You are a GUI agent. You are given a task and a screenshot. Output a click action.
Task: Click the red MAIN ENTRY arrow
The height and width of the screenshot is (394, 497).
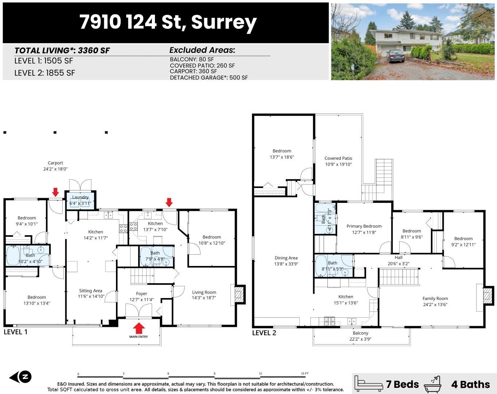[x=139, y=328]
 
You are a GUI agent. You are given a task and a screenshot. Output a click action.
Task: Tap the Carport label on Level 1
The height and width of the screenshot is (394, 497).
[x=55, y=163]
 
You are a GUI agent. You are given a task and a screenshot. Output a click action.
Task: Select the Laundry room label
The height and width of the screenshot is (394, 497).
[x=80, y=197]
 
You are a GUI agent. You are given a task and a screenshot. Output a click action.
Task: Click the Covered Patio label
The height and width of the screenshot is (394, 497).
[x=338, y=158]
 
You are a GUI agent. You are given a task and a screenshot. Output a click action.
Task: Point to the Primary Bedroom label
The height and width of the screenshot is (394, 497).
[x=364, y=226]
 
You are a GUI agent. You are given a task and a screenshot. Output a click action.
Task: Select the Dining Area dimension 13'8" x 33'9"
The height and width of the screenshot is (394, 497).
[x=286, y=264]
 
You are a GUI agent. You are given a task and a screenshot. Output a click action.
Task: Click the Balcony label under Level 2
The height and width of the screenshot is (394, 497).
[x=360, y=333]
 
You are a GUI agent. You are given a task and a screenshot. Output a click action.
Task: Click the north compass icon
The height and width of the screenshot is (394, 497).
[x=21, y=377]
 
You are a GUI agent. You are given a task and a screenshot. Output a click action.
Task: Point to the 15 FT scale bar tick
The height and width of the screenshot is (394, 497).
[x=304, y=374]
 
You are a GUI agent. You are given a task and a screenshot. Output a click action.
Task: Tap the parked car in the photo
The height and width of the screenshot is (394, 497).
[x=395, y=55]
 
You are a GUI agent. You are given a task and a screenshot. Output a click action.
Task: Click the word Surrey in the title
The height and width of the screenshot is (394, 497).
[x=224, y=22]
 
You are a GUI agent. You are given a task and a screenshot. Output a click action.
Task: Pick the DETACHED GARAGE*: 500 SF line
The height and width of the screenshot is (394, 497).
[x=209, y=78]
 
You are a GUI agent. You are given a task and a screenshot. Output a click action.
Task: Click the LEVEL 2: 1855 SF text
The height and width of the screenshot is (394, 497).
[x=44, y=73]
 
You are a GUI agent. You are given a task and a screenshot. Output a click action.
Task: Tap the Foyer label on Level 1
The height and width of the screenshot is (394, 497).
[x=141, y=294]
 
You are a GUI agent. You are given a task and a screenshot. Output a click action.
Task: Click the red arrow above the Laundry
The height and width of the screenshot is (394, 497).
[x=55, y=192]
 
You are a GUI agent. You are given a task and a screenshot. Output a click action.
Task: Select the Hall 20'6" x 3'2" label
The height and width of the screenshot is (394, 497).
[x=399, y=260]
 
